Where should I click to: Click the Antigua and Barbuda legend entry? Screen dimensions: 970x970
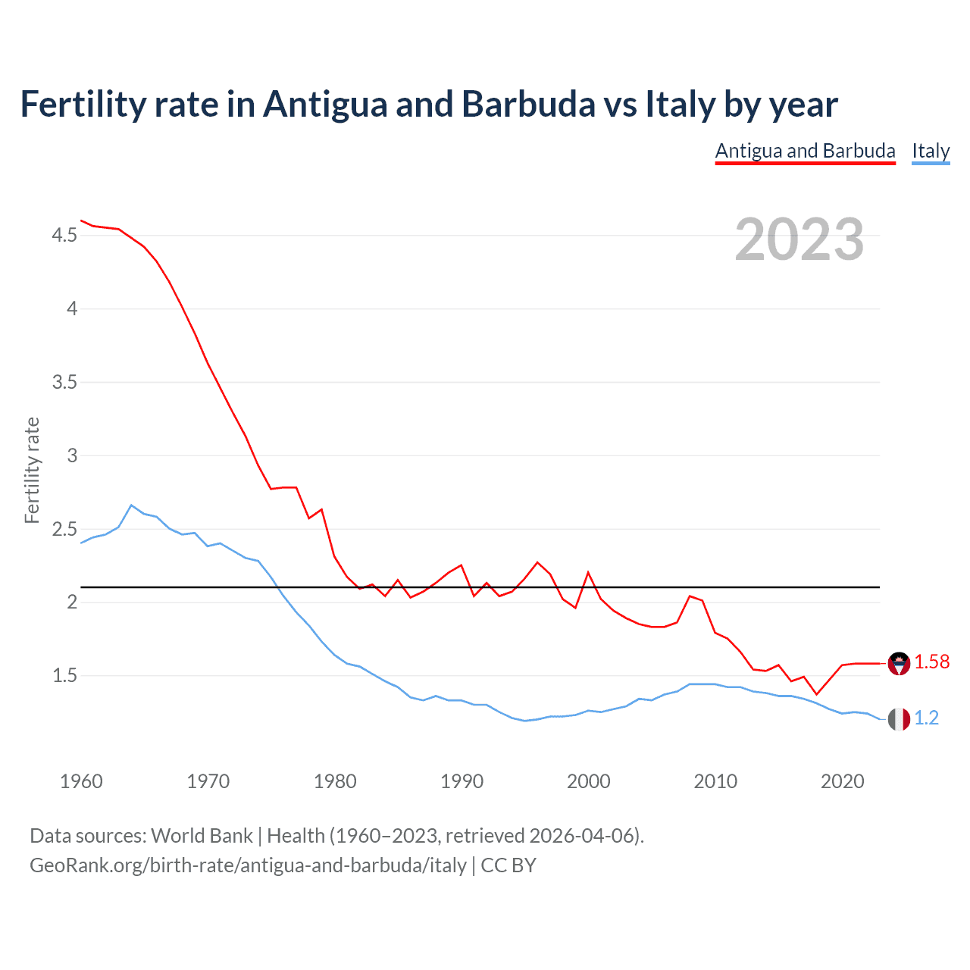[805, 151]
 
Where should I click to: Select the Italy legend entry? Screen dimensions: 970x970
[931, 151]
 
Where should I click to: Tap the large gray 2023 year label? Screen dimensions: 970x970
[799, 239]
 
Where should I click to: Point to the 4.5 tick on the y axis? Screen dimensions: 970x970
[64, 236]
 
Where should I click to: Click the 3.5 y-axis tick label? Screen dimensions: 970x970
[64, 382]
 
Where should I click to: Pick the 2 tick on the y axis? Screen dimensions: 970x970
[73, 602]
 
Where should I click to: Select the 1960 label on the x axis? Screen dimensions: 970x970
[81, 781]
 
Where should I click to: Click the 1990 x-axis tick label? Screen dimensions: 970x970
[462, 781]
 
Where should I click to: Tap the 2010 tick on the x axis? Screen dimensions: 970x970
[715, 781]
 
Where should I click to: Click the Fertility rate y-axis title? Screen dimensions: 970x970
[32, 470]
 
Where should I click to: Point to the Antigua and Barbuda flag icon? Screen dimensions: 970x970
[899, 663]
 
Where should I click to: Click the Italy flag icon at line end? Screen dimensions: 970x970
[899, 719]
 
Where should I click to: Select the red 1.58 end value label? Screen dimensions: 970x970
[931, 662]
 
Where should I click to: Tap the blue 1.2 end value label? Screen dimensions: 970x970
[926, 718]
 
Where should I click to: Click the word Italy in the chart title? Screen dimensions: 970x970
[680, 104]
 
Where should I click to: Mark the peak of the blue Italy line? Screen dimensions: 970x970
[132, 505]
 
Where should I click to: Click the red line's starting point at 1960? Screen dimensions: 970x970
[81, 221]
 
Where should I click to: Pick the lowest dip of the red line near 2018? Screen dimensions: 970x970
[816, 694]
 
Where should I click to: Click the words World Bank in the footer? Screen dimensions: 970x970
[202, 836]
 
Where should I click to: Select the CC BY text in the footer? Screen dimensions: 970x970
[508, 865]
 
